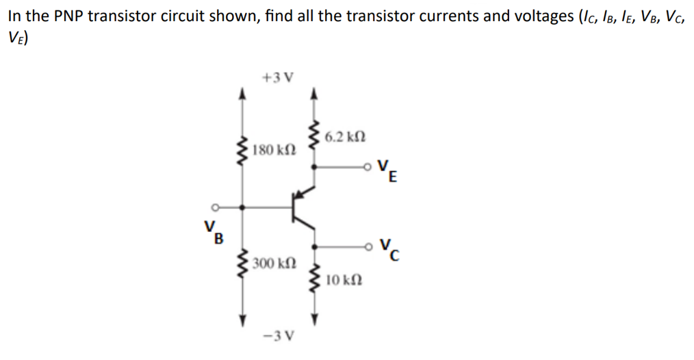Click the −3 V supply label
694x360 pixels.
point(279,335)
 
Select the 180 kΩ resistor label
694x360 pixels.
point(270,150)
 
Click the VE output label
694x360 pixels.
point(388,169)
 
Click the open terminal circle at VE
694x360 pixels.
point(370,165)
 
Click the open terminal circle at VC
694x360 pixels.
point(370,245)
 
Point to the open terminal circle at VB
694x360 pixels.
point(214,205)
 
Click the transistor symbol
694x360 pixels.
point(301,205)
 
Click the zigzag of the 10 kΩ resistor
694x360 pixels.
point(314,279)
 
